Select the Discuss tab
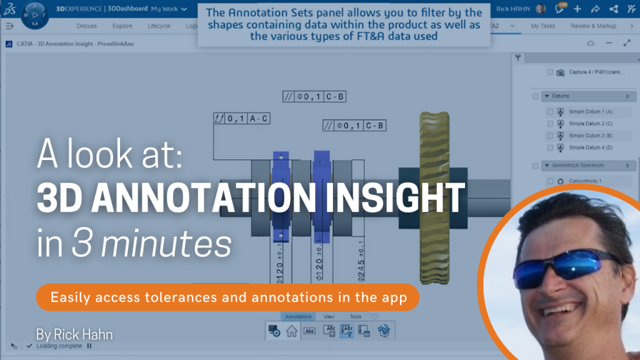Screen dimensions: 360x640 click(86, 26)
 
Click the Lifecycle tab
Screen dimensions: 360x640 click(159, 26)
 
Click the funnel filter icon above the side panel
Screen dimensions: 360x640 click(518, 58)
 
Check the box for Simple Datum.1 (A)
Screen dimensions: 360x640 click(550, 111)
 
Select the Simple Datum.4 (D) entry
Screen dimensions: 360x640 click(591, 147)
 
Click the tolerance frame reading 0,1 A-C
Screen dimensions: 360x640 click(241, 117)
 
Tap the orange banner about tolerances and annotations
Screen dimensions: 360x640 click(228, 297)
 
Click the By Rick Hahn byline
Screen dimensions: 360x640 click(75, 334)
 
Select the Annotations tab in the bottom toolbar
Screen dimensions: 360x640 click(297, 317)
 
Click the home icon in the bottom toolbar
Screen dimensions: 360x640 click(291, 332)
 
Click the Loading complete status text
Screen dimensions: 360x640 click(59, 346)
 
